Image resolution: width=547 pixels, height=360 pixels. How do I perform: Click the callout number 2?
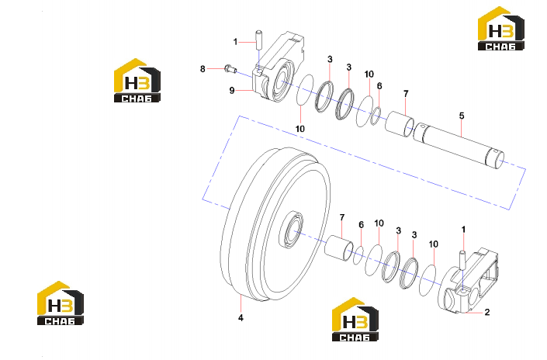point(487,312)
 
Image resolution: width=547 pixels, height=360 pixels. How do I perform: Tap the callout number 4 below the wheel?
point(241,318)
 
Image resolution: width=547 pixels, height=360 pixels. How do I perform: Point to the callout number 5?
point(462,116)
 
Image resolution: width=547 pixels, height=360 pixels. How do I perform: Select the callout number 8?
point(203,69)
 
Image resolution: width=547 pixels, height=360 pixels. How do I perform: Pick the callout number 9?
point(232,90)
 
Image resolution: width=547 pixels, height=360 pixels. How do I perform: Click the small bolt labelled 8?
point(230,69)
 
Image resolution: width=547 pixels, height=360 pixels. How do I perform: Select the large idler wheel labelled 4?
point(275,224)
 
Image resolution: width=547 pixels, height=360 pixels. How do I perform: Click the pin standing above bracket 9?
point(259,40)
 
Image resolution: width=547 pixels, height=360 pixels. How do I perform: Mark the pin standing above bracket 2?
point(462,260)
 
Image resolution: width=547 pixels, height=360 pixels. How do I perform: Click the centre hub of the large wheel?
point(292,230)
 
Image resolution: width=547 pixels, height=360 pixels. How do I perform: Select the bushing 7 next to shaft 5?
point(400,124)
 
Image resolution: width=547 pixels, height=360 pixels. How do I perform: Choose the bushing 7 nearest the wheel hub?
point(339,247)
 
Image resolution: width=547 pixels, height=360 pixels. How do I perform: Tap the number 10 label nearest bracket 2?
point(433,244)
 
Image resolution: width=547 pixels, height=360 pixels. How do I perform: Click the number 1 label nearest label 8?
point(235,42)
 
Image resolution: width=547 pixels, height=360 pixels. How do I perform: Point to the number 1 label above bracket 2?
point(463,230)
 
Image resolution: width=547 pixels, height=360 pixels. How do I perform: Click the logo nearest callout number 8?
point(137,80)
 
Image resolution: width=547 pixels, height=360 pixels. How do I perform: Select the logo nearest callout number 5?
point(501,28)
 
